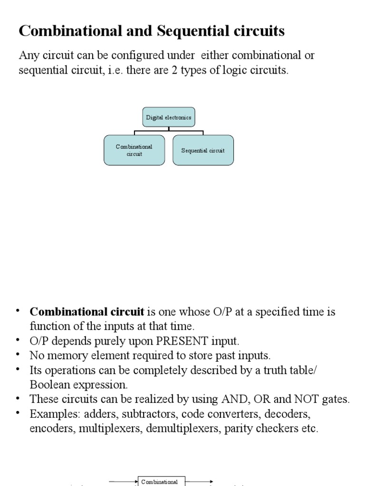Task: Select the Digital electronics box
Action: click(x=169, y=117)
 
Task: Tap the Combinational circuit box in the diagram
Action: click(x=134, y=150)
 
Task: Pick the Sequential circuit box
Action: click(x=203, y=150)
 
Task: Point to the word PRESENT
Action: click(x=182, y=341)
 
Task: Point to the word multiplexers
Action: click(x=110, y=429)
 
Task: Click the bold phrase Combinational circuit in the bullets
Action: click(x=87, y=312)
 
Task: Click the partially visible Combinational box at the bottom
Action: click(x=162, y=481)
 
